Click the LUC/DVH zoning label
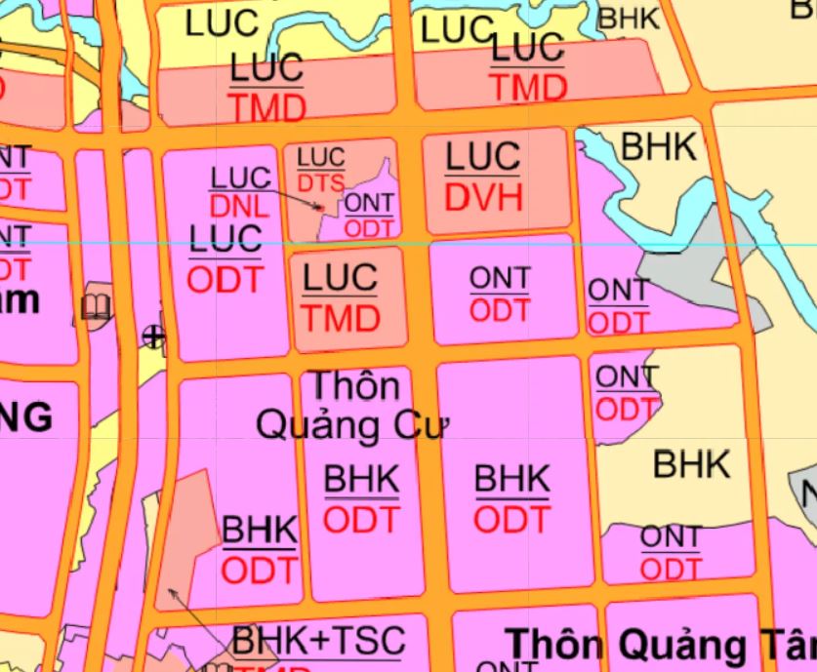click(x=483, y=177)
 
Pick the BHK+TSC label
click(x=318, y=641)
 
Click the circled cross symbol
click(x=153, y=336)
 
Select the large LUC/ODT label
click(x=225, y=258)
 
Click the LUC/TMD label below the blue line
click(x=339, y=297)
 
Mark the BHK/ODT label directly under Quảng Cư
click(x=361, y=499)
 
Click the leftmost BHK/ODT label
click(x=260, y=550)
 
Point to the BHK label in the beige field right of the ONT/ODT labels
click(x=691, y=464)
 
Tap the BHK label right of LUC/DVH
click(x=659, y=147)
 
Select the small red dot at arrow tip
click(x=319, y=207)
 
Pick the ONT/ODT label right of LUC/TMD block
click(x=500, y=294)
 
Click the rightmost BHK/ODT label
click(x=512, y=499)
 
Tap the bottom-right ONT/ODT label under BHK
click(x=671, y=551)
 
